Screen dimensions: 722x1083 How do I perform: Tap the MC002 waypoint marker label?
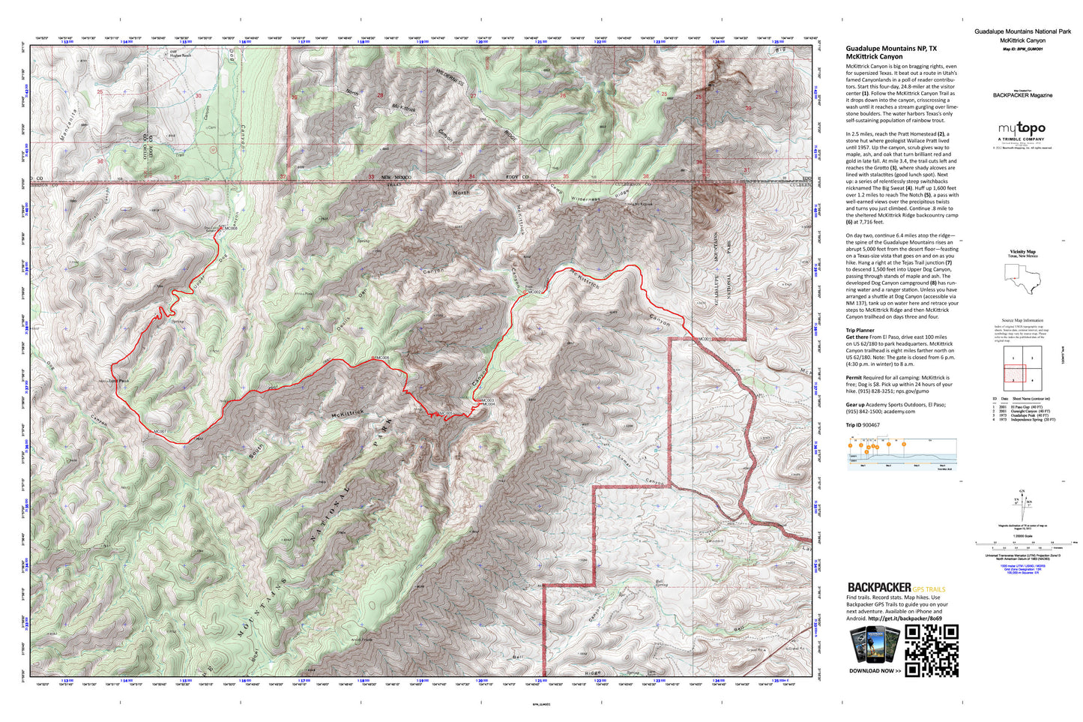534,292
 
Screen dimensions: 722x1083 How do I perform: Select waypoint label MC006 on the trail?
381,358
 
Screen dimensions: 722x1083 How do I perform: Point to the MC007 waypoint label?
159,432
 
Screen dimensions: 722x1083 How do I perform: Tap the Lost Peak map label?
119,381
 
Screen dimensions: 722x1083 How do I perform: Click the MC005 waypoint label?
446,413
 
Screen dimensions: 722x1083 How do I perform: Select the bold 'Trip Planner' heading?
860,330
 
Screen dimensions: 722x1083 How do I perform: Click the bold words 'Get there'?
857,337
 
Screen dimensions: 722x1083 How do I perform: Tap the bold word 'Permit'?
854,378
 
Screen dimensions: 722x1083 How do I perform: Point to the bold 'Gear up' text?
856,405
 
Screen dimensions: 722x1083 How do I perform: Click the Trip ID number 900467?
871,425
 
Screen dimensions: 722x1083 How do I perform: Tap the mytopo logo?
1021,130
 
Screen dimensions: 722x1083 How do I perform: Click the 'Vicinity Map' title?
1022,252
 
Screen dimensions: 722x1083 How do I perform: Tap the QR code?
932,649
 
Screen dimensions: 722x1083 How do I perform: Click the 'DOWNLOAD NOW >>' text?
875,671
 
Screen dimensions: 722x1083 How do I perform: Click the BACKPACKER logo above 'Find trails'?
878,587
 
